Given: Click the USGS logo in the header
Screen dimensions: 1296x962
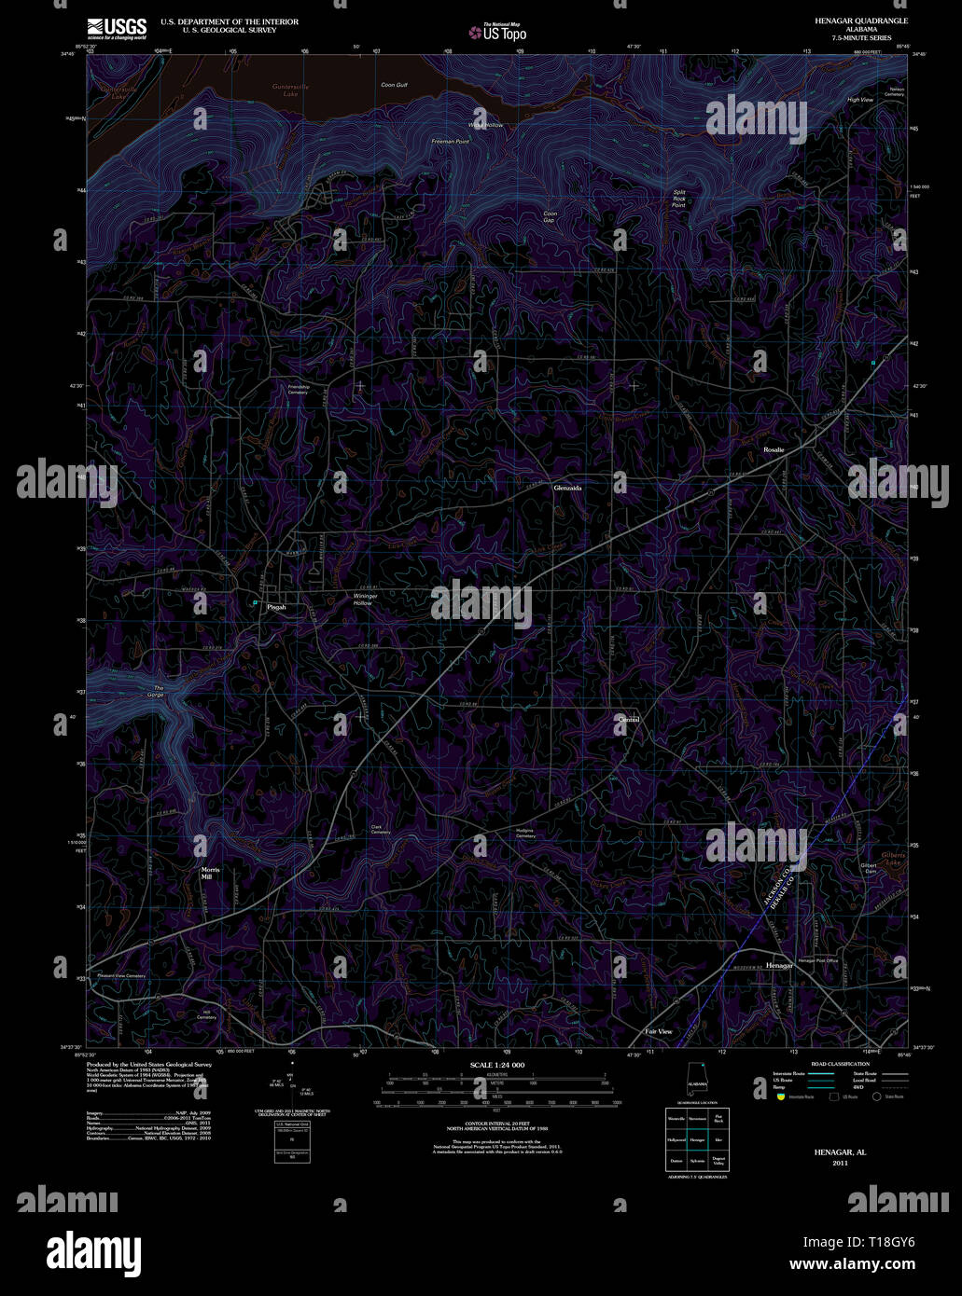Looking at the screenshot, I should (x=117, y=27).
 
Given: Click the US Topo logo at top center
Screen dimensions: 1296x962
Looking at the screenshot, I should (x=497, y=32).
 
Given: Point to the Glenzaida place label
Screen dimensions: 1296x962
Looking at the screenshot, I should (x=567, y=487).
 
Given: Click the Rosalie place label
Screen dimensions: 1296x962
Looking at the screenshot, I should (x=774, y=450).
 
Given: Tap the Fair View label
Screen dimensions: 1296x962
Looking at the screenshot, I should (x=659, y=1032).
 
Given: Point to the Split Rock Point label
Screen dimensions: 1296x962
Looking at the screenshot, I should (x=679, y=199).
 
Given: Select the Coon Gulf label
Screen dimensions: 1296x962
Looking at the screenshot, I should (x=394, y=85).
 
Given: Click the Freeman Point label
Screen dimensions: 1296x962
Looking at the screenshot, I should (x=450, y=142).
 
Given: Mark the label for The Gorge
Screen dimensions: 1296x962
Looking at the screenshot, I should (x=157, y=692).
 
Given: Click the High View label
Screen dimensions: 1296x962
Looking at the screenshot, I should (x=859, y=100).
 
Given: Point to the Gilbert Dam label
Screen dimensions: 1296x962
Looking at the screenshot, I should (x=868, y=868).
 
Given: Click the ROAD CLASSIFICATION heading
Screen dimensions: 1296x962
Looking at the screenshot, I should (x=841, y=1064).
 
